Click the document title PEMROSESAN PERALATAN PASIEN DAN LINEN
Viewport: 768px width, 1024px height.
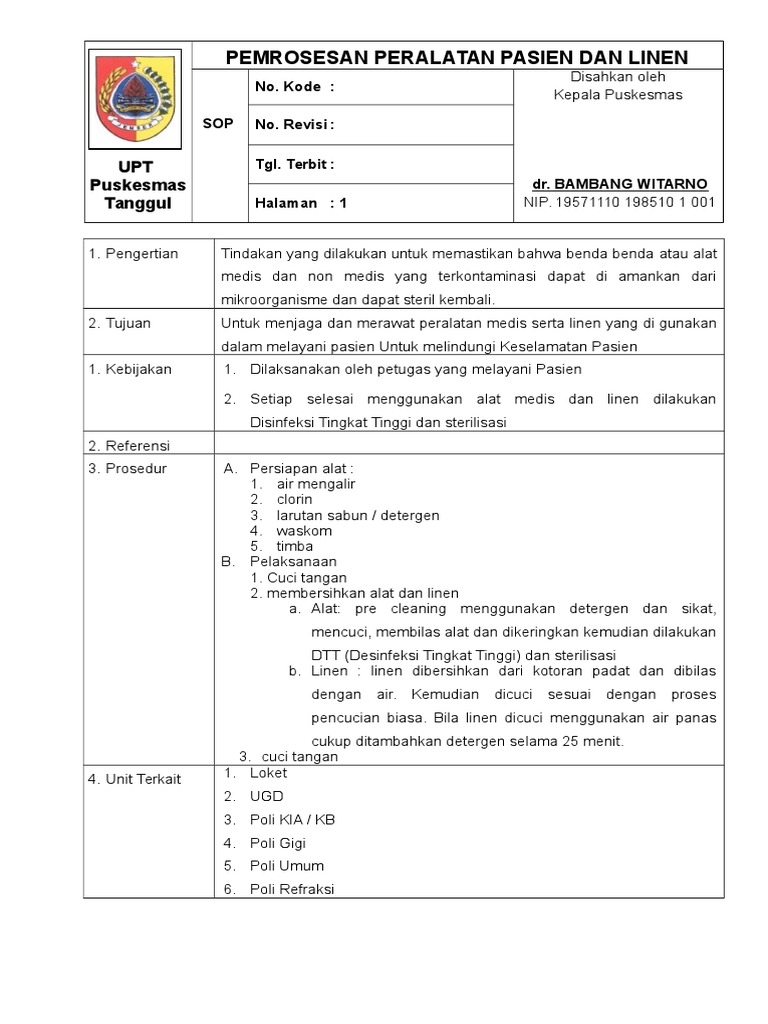click(x=457, y=56)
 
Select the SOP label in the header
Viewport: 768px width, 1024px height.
click(x=217, y=123)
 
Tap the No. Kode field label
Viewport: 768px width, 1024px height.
click(x=294, y=87)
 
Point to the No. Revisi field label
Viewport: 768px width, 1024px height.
click(x=294, y=125)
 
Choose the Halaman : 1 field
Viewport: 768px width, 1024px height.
click(x=301, y=202)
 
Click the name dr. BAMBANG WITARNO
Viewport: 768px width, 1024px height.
click(x=620, y=184)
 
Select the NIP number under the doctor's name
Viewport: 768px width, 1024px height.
click(x=620, y=202)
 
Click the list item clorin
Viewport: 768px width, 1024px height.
click(x=294, y=499)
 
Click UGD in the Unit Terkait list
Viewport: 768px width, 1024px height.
click(x=267, y=796)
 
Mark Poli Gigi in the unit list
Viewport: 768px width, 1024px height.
click(x=278, y=843)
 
